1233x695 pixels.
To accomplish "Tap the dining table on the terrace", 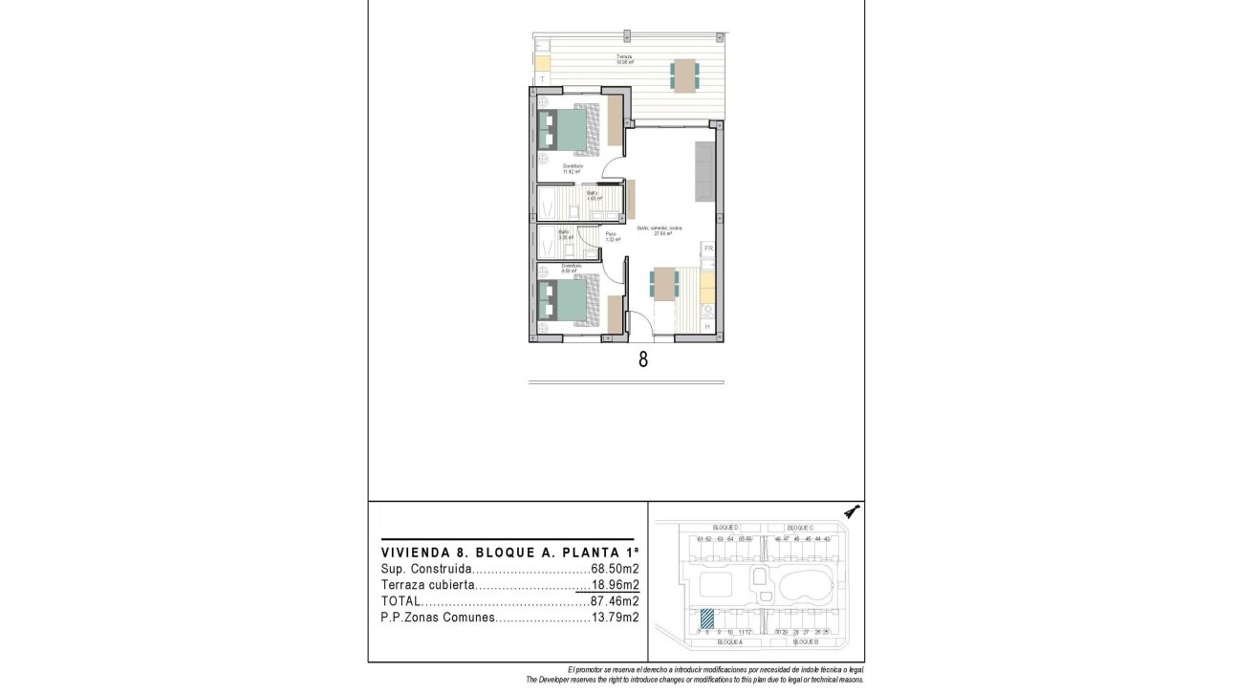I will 684,75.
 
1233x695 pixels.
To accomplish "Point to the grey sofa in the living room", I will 704,171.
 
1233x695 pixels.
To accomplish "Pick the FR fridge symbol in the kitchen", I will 708,249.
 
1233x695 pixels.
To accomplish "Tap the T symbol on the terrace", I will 542,78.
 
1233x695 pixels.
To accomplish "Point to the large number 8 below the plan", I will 642,360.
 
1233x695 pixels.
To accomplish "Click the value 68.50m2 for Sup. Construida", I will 615,569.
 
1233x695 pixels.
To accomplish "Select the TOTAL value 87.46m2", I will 615,601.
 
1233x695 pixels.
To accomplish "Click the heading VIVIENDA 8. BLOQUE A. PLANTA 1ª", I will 509,553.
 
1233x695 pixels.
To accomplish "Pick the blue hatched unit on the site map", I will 707,619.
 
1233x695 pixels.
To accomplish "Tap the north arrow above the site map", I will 853,512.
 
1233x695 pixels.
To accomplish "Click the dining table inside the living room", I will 664,284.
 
